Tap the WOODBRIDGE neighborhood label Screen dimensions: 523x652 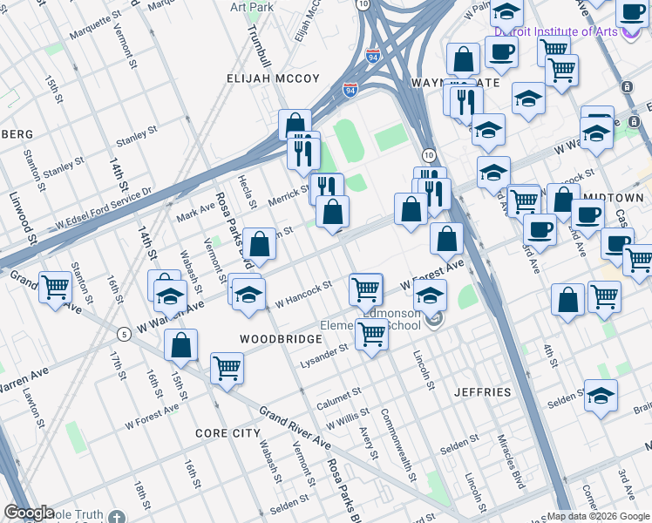click(275, 337)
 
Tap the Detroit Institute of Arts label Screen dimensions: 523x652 click(554, 32)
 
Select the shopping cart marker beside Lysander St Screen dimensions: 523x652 click(372, 334)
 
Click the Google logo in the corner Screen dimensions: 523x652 click(28, 513)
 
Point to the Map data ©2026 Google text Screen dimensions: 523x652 click(598, 516)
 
